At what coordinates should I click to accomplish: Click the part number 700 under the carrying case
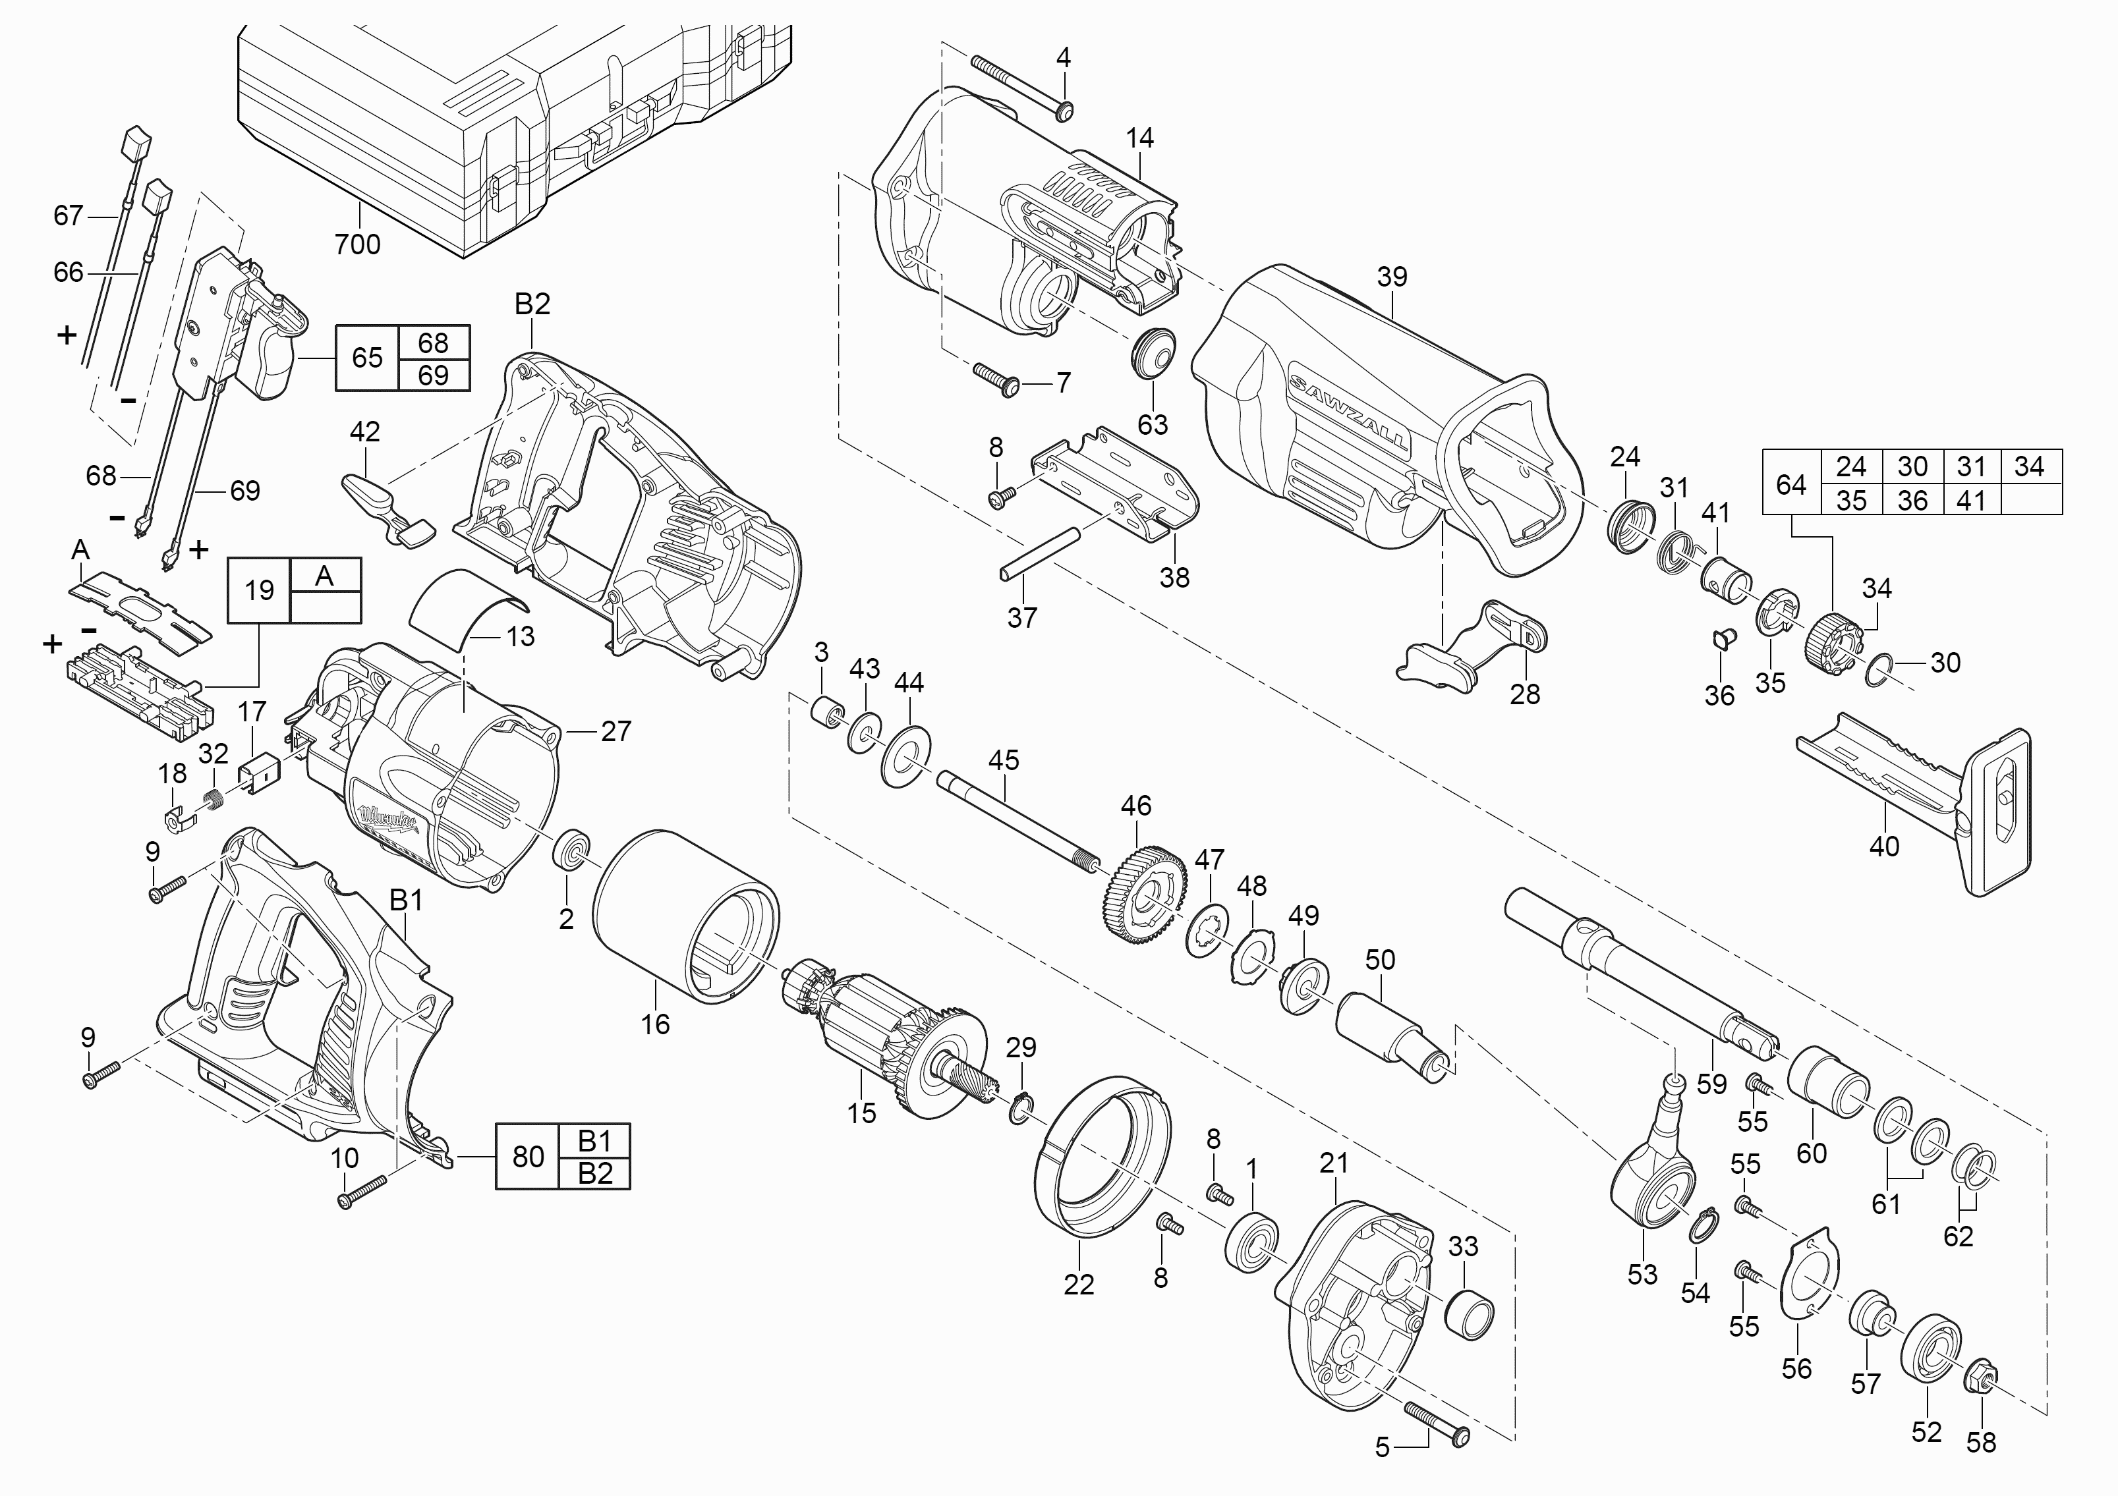click(357, 244)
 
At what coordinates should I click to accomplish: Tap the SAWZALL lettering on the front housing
click(1348, 411)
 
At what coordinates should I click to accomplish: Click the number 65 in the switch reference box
click(367, 357)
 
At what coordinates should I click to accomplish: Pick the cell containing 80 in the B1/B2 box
click(528, 1157)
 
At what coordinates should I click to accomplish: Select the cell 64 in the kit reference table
click(1791, 484)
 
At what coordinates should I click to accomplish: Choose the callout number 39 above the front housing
click(1392, 277)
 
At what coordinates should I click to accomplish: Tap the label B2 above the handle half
click(532, 304)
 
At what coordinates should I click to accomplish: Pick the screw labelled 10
click(362, 1192)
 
